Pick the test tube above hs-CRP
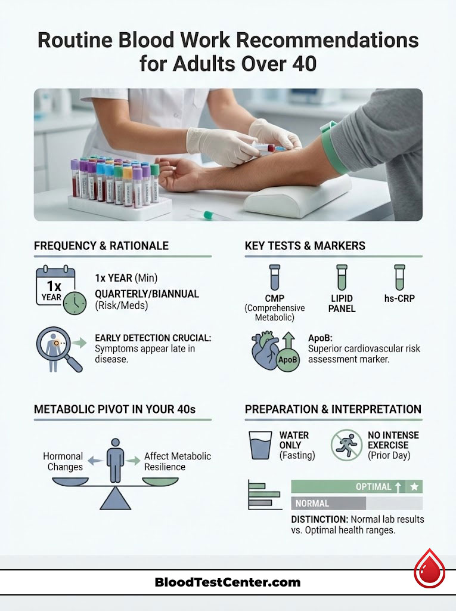399,279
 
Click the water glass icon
259,445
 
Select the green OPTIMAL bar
356,487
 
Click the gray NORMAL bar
328,503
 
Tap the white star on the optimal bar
414,487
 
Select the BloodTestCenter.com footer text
227,582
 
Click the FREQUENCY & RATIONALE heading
101,246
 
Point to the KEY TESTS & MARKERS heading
305,246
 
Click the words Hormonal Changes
63,461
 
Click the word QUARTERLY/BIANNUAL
147,294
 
